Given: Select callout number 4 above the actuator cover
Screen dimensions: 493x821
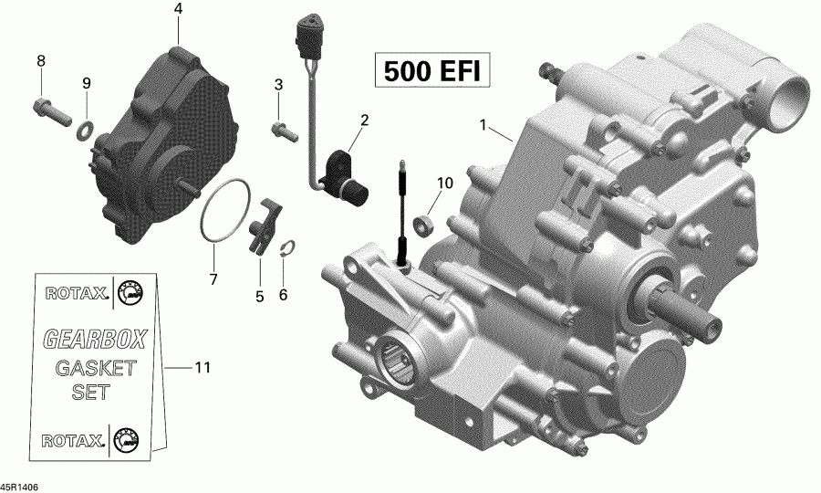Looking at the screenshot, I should [x=178, y=10].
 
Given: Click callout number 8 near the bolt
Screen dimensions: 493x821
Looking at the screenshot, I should [x=40, y=61].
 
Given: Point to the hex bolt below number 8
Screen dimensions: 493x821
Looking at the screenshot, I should [x=51, y=113].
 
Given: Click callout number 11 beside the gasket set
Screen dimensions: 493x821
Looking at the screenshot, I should [x=202, y=368].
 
